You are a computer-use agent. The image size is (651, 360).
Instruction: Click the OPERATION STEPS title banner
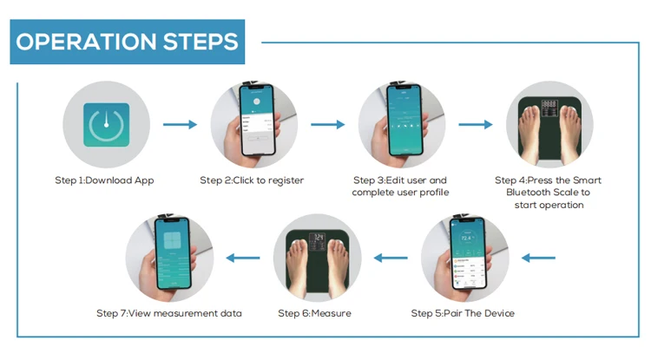click(128, 43)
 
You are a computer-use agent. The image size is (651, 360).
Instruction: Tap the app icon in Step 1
click(107, 125)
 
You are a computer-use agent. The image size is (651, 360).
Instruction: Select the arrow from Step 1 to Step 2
click(180, 125)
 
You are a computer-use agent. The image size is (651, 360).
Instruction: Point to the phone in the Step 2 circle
click(256, 122)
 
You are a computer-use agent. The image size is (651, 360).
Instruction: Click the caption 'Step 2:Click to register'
click(252, 180)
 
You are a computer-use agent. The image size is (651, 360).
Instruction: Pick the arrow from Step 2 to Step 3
click(327, 125)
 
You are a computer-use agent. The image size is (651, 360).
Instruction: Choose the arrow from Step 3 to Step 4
click(476, 125)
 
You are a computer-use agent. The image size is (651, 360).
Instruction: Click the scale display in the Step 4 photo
click(549, 105)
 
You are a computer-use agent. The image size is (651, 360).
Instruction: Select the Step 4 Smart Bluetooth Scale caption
click(549, 192)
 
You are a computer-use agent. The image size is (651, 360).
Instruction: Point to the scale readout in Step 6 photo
click(319, 237)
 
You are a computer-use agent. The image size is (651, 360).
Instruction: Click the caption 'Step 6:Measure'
click(314, 312)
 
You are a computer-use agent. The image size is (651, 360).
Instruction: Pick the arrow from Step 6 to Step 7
click(243, 257)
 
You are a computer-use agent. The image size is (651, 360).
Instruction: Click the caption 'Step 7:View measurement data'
click(169, 312)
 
